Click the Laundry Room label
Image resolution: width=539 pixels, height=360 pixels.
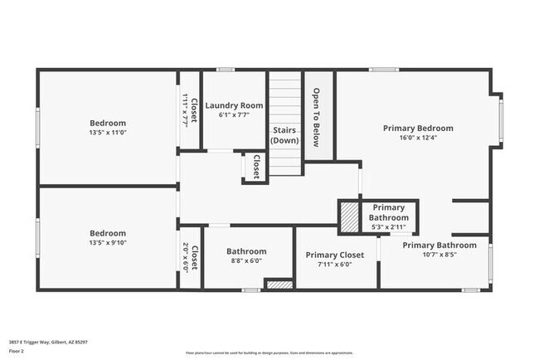pos(234,105)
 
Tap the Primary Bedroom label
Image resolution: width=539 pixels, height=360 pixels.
pos(418,129)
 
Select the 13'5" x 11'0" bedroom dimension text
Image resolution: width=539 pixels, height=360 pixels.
pos(108,132)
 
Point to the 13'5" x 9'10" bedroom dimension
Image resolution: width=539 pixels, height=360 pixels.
pos(108,243)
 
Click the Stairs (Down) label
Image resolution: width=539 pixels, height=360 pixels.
pos(285,135)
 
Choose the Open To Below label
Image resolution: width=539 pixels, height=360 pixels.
pos(316,118)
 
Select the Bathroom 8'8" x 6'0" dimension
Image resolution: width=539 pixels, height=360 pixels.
pos(246,260)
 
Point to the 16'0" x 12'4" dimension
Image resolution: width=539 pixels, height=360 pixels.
pos(418,139)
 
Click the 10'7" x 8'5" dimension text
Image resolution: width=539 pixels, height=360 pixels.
pos(439,255)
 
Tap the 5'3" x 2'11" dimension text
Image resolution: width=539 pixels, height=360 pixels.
pos(388,226)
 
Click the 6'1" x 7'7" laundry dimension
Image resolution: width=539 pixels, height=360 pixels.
pos(234,115)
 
